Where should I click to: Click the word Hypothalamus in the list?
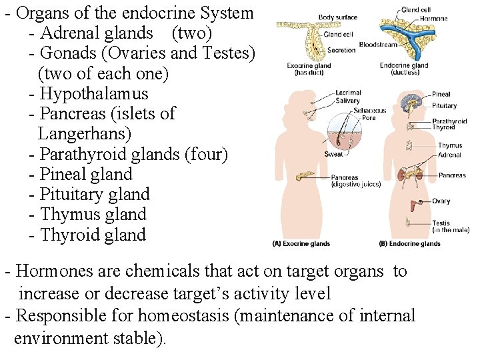[93, 94]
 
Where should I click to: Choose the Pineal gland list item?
[86, 175]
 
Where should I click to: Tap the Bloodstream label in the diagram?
[377, 45]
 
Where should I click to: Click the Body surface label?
[337, 17]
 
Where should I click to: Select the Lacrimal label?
[349, 93]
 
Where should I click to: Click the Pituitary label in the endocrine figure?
[445, 105]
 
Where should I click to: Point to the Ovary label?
[441, 201]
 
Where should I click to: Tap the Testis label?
[441, 223]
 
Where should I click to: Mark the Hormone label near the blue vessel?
[434, 19]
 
